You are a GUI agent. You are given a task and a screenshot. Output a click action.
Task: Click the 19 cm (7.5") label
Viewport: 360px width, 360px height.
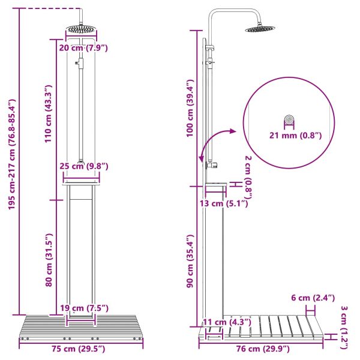point(83,308)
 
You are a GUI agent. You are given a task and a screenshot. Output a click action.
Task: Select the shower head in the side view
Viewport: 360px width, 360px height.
point(259,28)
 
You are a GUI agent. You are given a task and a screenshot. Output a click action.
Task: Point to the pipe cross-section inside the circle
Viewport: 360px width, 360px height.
point(290,119)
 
